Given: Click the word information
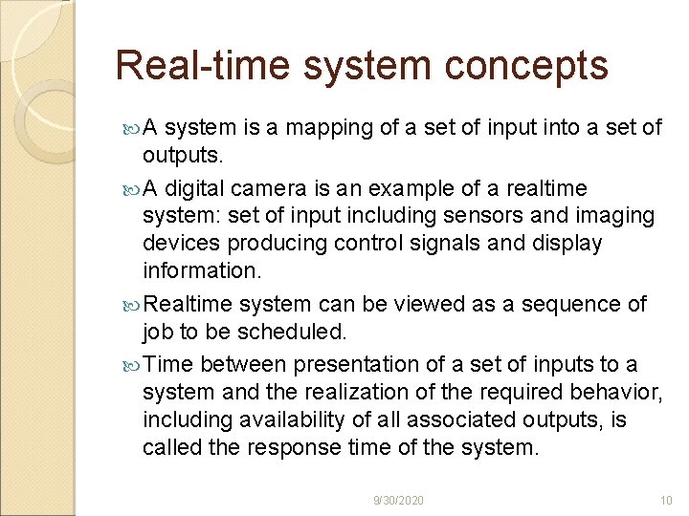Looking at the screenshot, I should click(x=201, y=269).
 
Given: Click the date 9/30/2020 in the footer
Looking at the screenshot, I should click(x=399, y=500).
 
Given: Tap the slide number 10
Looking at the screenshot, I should click(x=667, y=500).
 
